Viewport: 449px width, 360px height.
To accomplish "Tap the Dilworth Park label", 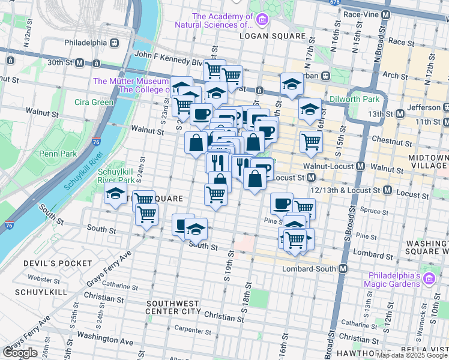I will [x=354, y=99].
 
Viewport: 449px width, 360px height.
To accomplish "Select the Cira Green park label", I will [x=94, y=102].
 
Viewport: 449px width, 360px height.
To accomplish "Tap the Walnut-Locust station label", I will [x=330, y=166].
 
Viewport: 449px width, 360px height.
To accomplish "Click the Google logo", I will [x=20, y=353].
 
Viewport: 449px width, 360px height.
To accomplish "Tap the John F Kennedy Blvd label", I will [x=169, y=54].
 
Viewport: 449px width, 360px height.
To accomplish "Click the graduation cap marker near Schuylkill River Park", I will [x=115, y=194].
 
